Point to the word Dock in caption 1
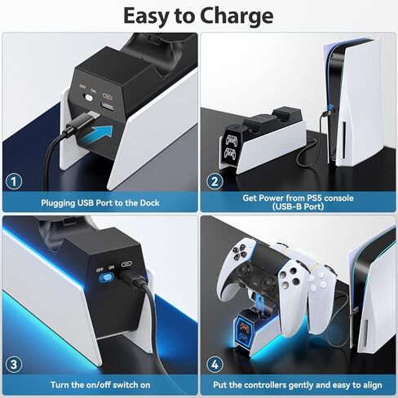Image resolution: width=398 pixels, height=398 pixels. (148, 201)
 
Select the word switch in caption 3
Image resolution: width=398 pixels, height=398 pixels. (130, 383)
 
